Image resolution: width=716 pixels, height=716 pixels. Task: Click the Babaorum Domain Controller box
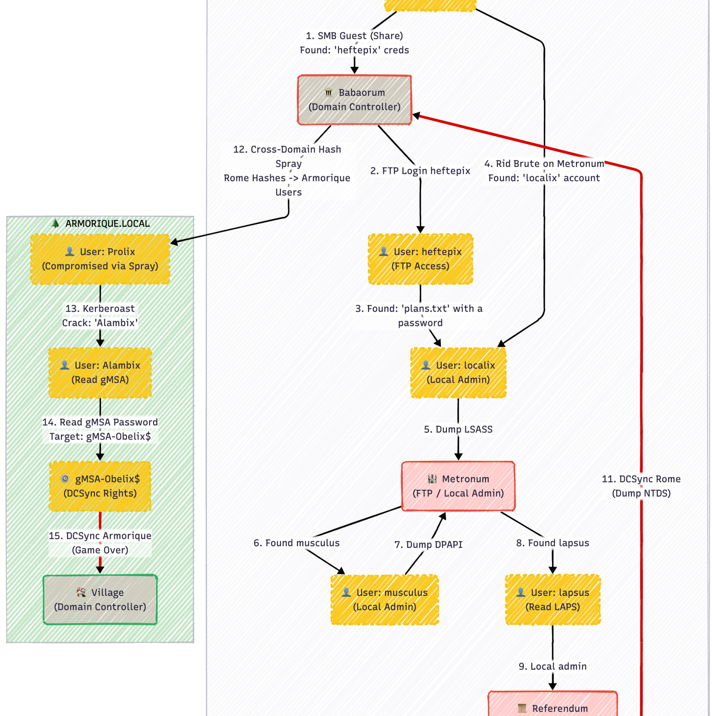tap(354, 100)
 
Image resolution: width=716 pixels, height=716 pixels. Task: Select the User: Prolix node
tap(100, 259)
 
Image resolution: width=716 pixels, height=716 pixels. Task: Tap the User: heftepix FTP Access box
tap(420, 259)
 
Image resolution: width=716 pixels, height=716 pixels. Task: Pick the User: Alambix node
tap(100, 373)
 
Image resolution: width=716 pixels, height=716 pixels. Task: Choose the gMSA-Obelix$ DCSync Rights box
tap(100, 486)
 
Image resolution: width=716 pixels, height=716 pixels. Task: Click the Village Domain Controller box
tap(100, 600)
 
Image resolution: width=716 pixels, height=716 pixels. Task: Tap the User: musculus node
tap(385, 600)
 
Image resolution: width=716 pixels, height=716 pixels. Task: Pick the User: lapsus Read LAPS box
tap(553, 600)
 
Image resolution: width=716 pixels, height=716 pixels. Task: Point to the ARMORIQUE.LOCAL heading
tap(107, 223)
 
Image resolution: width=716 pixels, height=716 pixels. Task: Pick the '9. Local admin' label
tap(553, 666)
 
